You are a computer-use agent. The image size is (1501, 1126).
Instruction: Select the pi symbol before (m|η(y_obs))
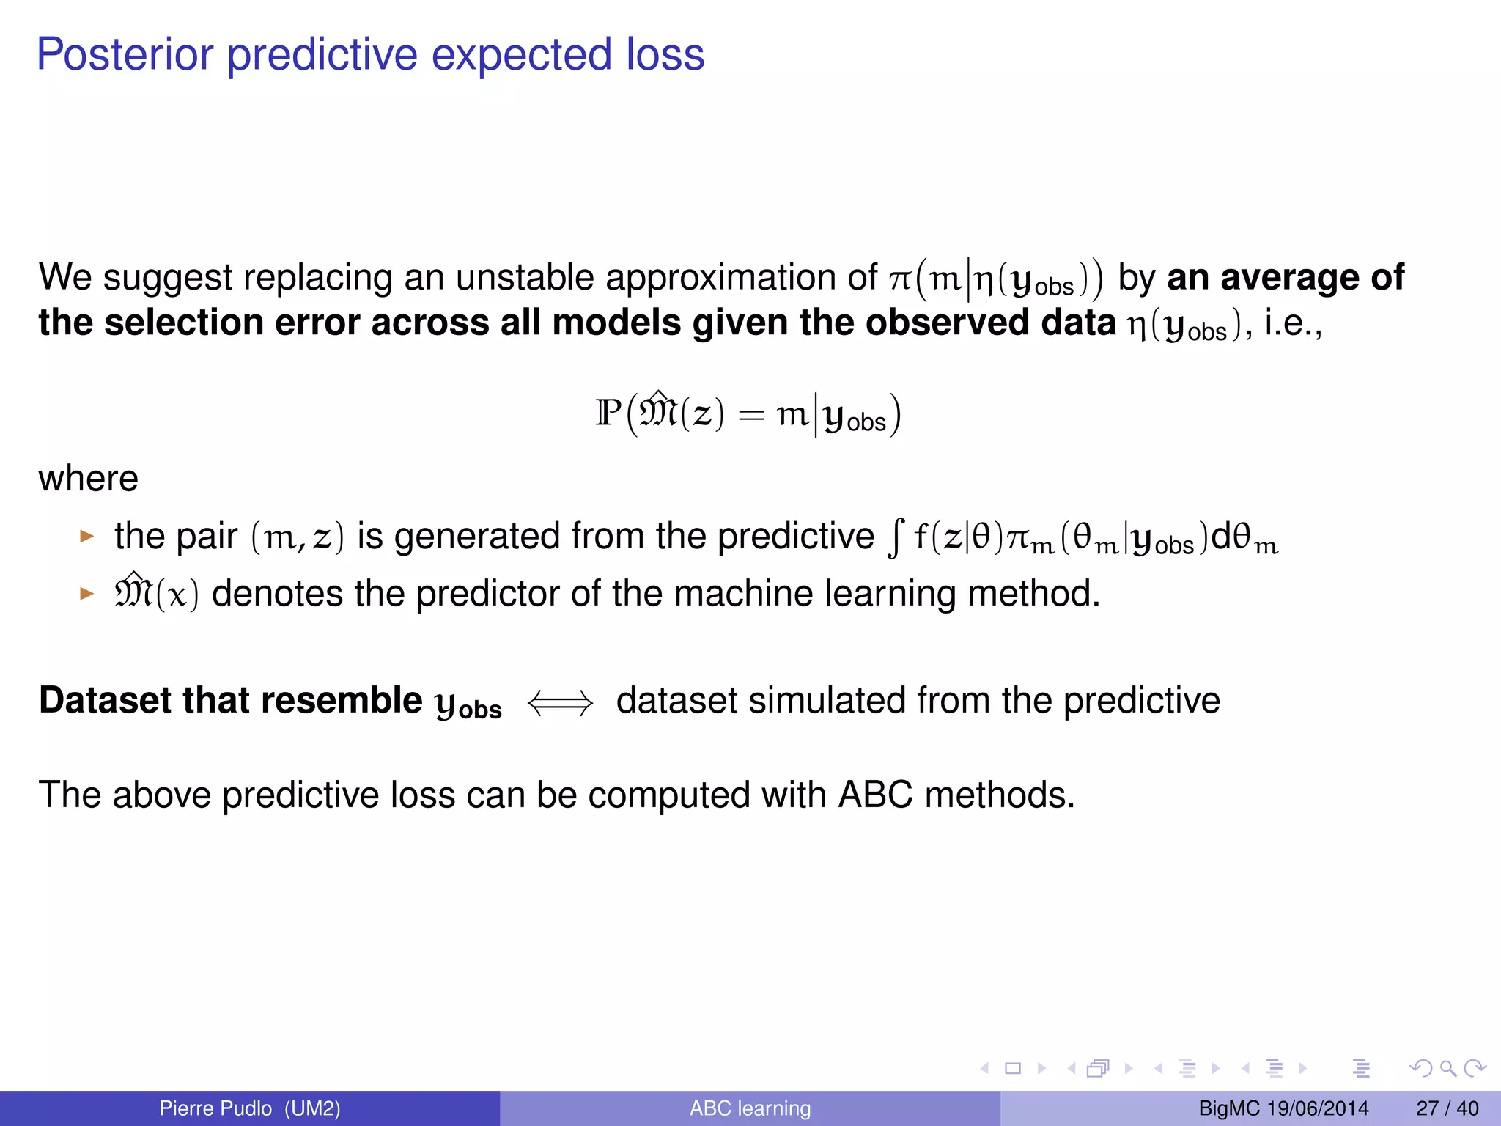900,279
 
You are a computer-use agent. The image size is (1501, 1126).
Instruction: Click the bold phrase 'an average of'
1285,278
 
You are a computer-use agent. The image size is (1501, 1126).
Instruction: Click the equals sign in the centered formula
751,416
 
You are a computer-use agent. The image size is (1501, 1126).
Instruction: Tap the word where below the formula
88,479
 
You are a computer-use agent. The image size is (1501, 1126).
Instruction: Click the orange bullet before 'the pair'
87,537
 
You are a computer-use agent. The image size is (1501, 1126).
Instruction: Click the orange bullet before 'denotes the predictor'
87,593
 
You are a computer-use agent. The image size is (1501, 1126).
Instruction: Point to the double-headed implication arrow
560,703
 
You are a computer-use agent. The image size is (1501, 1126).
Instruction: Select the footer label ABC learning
750,1108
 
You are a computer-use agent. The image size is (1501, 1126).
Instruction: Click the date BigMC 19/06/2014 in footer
1283,1108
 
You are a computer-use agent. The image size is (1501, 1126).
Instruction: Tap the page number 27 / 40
1447,1108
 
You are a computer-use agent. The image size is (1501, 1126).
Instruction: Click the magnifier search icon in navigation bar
1447,1068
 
